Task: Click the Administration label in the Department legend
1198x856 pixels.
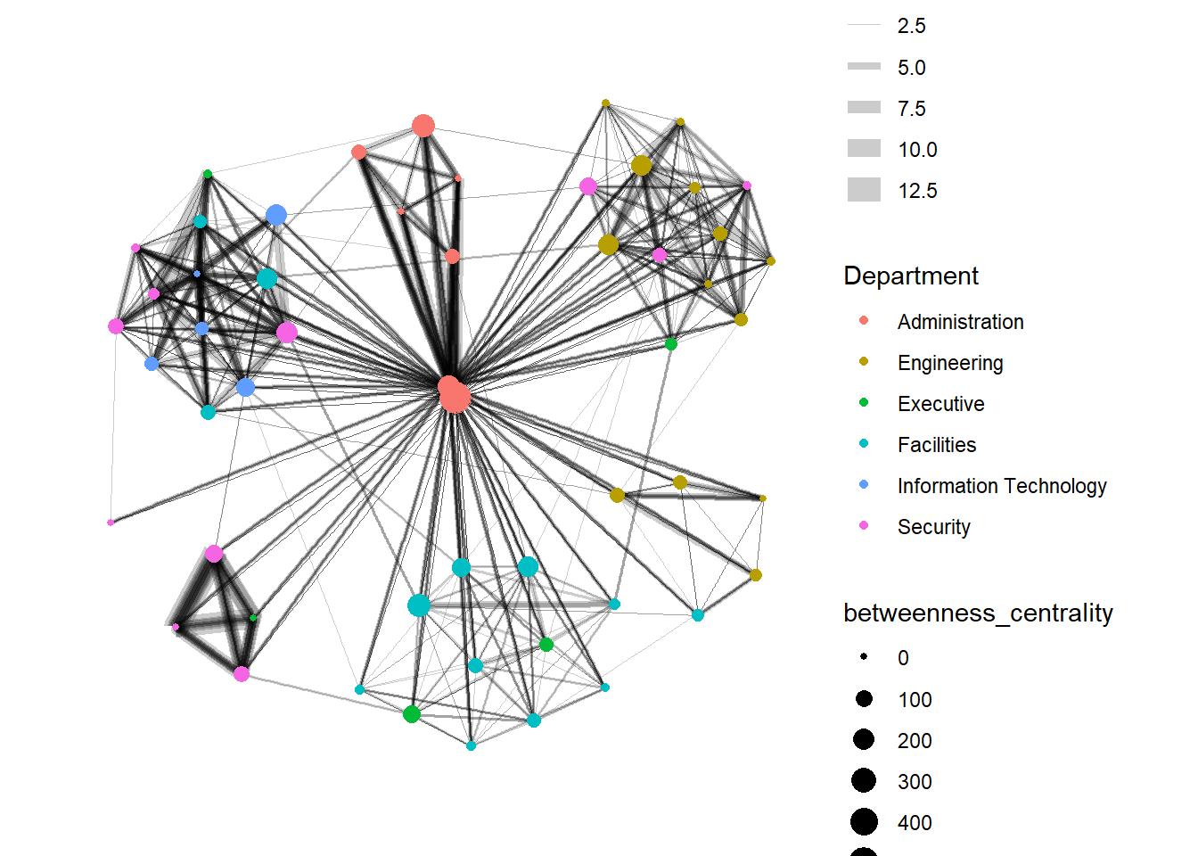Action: tap(960, 322)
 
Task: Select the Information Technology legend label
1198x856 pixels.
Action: tap(1001, 486)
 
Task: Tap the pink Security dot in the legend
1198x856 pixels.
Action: tap(864, 525)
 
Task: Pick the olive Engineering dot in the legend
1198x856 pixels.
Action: tap(864, 361)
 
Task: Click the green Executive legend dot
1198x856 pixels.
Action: tap(864, 402)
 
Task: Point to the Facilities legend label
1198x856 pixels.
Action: tap(936, 445)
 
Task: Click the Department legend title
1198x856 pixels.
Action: tap(910, 276)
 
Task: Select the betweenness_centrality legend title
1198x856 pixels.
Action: tap(978, 613)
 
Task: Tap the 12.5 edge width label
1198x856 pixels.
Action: tap(917, 191)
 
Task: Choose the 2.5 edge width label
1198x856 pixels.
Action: tap(911, 26)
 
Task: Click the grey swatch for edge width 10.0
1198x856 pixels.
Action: tap(864, 149)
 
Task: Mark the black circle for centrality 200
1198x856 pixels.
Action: tap(864, 739)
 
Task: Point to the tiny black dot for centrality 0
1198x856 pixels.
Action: tap(864, 657)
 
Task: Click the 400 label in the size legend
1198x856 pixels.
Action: tap(915, 823)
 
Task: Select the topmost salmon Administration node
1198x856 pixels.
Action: tap(423, 126)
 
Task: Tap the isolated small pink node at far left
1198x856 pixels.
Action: tap(111, 523)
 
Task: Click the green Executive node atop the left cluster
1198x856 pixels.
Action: tap(208, 174)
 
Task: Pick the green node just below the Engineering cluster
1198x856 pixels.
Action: tap(671, 344)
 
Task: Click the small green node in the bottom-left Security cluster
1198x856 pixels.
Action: tap(253, 617)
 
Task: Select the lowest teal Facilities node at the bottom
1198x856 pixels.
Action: tap(471, 745)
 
